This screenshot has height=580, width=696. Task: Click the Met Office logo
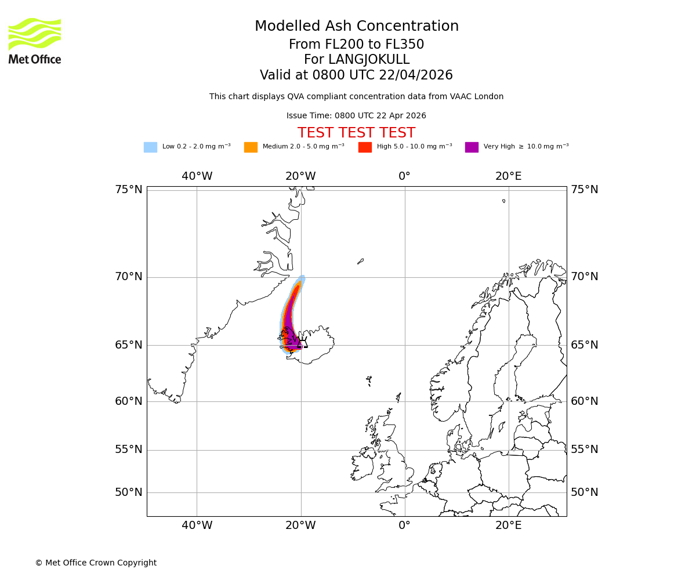pyautogui.click(x=35, y=41)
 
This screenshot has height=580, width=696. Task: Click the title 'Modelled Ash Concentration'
pyautogui.click(x=357, y=27)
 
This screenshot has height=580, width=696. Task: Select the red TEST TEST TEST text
pyautogui.click(x=356, y=133)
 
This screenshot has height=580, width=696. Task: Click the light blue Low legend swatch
pyautogui.click(x=150, y=147)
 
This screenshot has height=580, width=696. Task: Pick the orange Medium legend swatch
pyautogui.click(x=251, y=147)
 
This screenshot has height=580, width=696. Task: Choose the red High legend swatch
pyautogui.click(x=365, y=147)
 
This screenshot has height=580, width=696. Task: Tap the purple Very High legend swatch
pyautogui.click(x=472, y=147)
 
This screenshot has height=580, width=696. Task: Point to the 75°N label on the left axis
pyautogui.click(x=128, y=190)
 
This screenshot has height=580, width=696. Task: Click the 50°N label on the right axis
pyautogui.click(x=585, y=492)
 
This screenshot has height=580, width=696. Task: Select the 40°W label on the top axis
pyautogui.click(x=197, y=176)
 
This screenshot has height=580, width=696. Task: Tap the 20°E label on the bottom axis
pyautogui.click(x=509, y=525)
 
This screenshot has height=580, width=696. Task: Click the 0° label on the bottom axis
pyautogui.click(x=404, y=525)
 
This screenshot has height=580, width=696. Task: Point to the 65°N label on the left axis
pyautogui.click(x=128, y=345)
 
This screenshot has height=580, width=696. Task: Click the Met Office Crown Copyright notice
pyautogui.click(x=96, y=563)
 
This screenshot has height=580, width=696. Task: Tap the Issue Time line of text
pyautogui.click(x=356, y=116)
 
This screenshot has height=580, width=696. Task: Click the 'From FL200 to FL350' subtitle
pyautogui.click(x=356, y=45)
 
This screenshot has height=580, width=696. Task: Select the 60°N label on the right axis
pyautogui.click(x=585, y=401)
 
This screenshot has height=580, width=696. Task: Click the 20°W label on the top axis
pyautogui.click(x=300, y=176)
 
